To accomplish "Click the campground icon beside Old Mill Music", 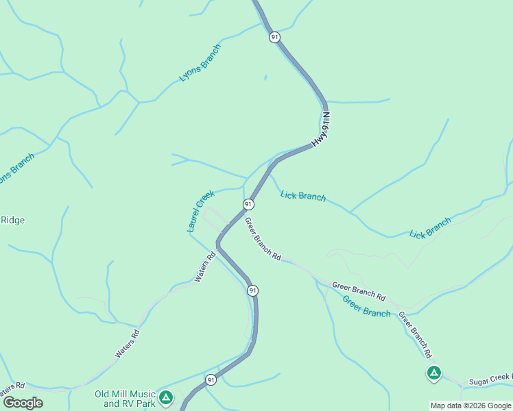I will pos(165,397).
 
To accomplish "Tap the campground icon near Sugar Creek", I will pos(433,373).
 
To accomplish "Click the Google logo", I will pos(23,403).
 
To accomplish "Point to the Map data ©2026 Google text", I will pos(470,406).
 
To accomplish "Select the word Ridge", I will pos(12,220).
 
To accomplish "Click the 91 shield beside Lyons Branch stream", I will pos(274,37).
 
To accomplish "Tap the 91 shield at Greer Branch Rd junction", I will pos(248,204).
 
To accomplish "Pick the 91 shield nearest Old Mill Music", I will pos(211,379).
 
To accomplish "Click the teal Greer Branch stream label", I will pos(366,307).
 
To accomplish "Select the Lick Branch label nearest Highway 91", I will pos(303,196).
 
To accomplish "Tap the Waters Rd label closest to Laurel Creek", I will pos(205,267).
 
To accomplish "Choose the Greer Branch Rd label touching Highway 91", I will pos(263,239).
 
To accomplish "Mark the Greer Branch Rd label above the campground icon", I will pos(415,336).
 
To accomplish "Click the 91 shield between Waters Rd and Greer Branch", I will pos(253,290).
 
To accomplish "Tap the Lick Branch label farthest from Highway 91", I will pos(430,228).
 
